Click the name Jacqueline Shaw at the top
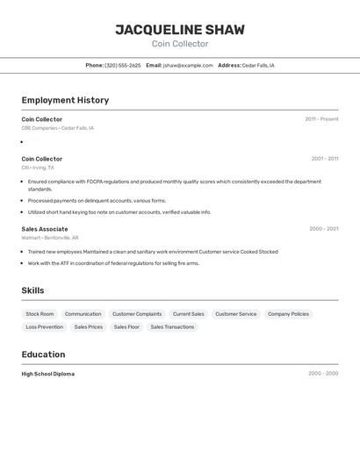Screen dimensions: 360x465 pos(180,30)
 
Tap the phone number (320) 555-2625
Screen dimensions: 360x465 pos(122,65)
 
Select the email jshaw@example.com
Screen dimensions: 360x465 pos(188,65)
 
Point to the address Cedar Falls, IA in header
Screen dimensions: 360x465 pos(258,65)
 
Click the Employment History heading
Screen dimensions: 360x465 pos(65,100)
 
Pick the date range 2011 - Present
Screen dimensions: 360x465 pos(321,119)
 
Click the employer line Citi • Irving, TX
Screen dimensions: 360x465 pos(38,168)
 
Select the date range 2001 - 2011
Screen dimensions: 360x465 pos(324,159)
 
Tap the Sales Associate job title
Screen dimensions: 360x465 pos(45,228)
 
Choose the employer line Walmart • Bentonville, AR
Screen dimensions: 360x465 pos(50,238)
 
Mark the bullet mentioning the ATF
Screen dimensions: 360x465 pos(113,263)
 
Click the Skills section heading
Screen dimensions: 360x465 pos(32,290)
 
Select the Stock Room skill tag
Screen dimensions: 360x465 pos(40,314)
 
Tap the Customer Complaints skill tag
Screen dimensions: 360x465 pos(137,314)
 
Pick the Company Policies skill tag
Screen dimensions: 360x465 pos(288,314)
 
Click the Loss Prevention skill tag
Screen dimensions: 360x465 pos(44,327)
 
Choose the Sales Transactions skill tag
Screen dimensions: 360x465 pos(172,327)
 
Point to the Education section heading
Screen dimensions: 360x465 pos(43,354)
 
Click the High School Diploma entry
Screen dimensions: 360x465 pos(48,374)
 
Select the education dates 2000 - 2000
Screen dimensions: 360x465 pos(322,374)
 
